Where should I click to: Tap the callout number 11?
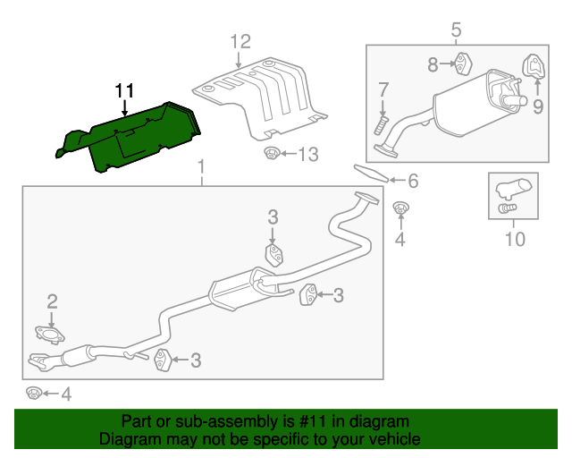click(x=123, y=90)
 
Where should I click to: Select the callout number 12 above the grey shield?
click(x=240, y=40)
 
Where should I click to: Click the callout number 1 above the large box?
click(x=201, y=166)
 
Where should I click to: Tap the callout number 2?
click(x=52, y=301)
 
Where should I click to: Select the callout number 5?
click(x=456, y=31)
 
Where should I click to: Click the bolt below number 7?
click(x=383, y=122)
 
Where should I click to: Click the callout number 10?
click(x=515, y=239)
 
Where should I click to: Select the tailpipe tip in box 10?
click(x=513, y=189)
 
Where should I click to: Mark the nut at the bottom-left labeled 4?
click(x=33, y=393)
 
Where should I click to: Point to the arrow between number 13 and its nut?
click(x=287, y=155)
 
